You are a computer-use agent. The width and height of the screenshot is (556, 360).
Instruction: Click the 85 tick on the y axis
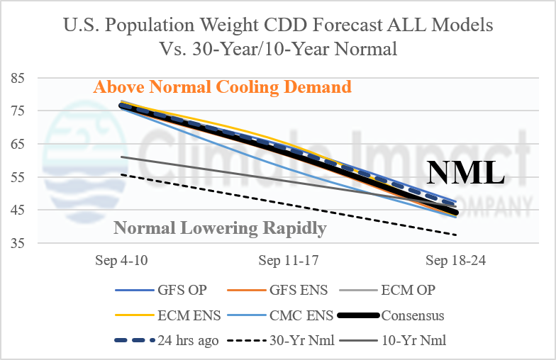pyautogui.click(x=18, y=78)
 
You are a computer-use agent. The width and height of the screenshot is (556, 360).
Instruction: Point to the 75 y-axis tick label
pyautogui.click(x=18, y=111)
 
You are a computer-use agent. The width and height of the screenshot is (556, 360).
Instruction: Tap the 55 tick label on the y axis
pyautogui.click(x=18, y=177)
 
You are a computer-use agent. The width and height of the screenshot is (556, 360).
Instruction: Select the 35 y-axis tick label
pyautogui.click(x=18, y=244)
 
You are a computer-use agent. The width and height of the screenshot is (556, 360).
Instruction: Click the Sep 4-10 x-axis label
pyautogui.click(x=121, y=261)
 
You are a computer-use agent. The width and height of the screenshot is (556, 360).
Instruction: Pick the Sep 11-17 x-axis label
pyautogui.click(x=288, y=261)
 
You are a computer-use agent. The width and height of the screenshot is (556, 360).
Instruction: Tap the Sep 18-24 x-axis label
pyautogui.click(x=455, y=261)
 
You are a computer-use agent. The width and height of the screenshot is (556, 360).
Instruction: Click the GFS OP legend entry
pyautogui.click(x=161, y=291)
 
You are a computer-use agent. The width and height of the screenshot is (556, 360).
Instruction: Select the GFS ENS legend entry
pyautogui.click(x=277, y=291)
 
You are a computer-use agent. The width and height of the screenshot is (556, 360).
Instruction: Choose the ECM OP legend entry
pyautogui.click(x=387, y=291)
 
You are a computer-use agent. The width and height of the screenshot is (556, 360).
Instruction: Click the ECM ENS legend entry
pyautogui.click(x=168, y=315)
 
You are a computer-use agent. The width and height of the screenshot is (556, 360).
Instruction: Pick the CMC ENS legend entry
pyautogui.click(x=280, y=315)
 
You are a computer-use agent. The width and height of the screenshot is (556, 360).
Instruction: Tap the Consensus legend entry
pyautogui.click(x=391, y=315)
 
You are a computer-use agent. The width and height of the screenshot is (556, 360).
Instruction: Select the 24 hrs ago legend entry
pyautogui.click(x=167, y=340)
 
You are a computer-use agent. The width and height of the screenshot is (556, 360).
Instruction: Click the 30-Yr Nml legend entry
pyautogui.click(x=281, y=340)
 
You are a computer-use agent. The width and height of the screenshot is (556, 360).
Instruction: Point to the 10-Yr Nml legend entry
pyautogui.click(x=393, y=340)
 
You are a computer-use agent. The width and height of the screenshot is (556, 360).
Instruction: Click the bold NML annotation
pyautogui.click(x=465, y=173)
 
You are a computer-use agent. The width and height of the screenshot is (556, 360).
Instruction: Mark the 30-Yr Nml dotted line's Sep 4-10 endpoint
pyautogui.click(x=121, y=174)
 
